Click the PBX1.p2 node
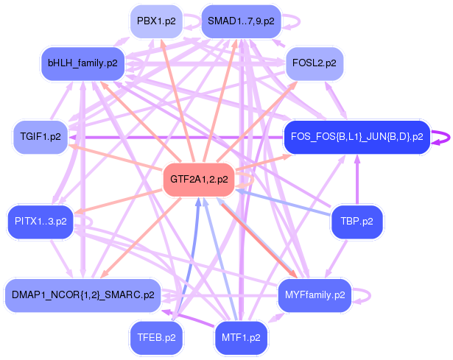pos(156,21)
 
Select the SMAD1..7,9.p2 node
pos(241,21)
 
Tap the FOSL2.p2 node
pos(315,63)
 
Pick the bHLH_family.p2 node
pos(82,64)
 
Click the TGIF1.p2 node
pos(41,137)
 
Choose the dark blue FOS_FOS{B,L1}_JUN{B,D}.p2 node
pos(357,136)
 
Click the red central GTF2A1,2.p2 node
pos(199,179)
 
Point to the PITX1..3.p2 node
pos(41,220)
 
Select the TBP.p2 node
pos(357,220)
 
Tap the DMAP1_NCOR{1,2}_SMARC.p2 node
pos(82,294)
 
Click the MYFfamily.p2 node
pos(315,295)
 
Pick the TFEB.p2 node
pos(157,338)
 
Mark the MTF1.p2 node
pos(241,338)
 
